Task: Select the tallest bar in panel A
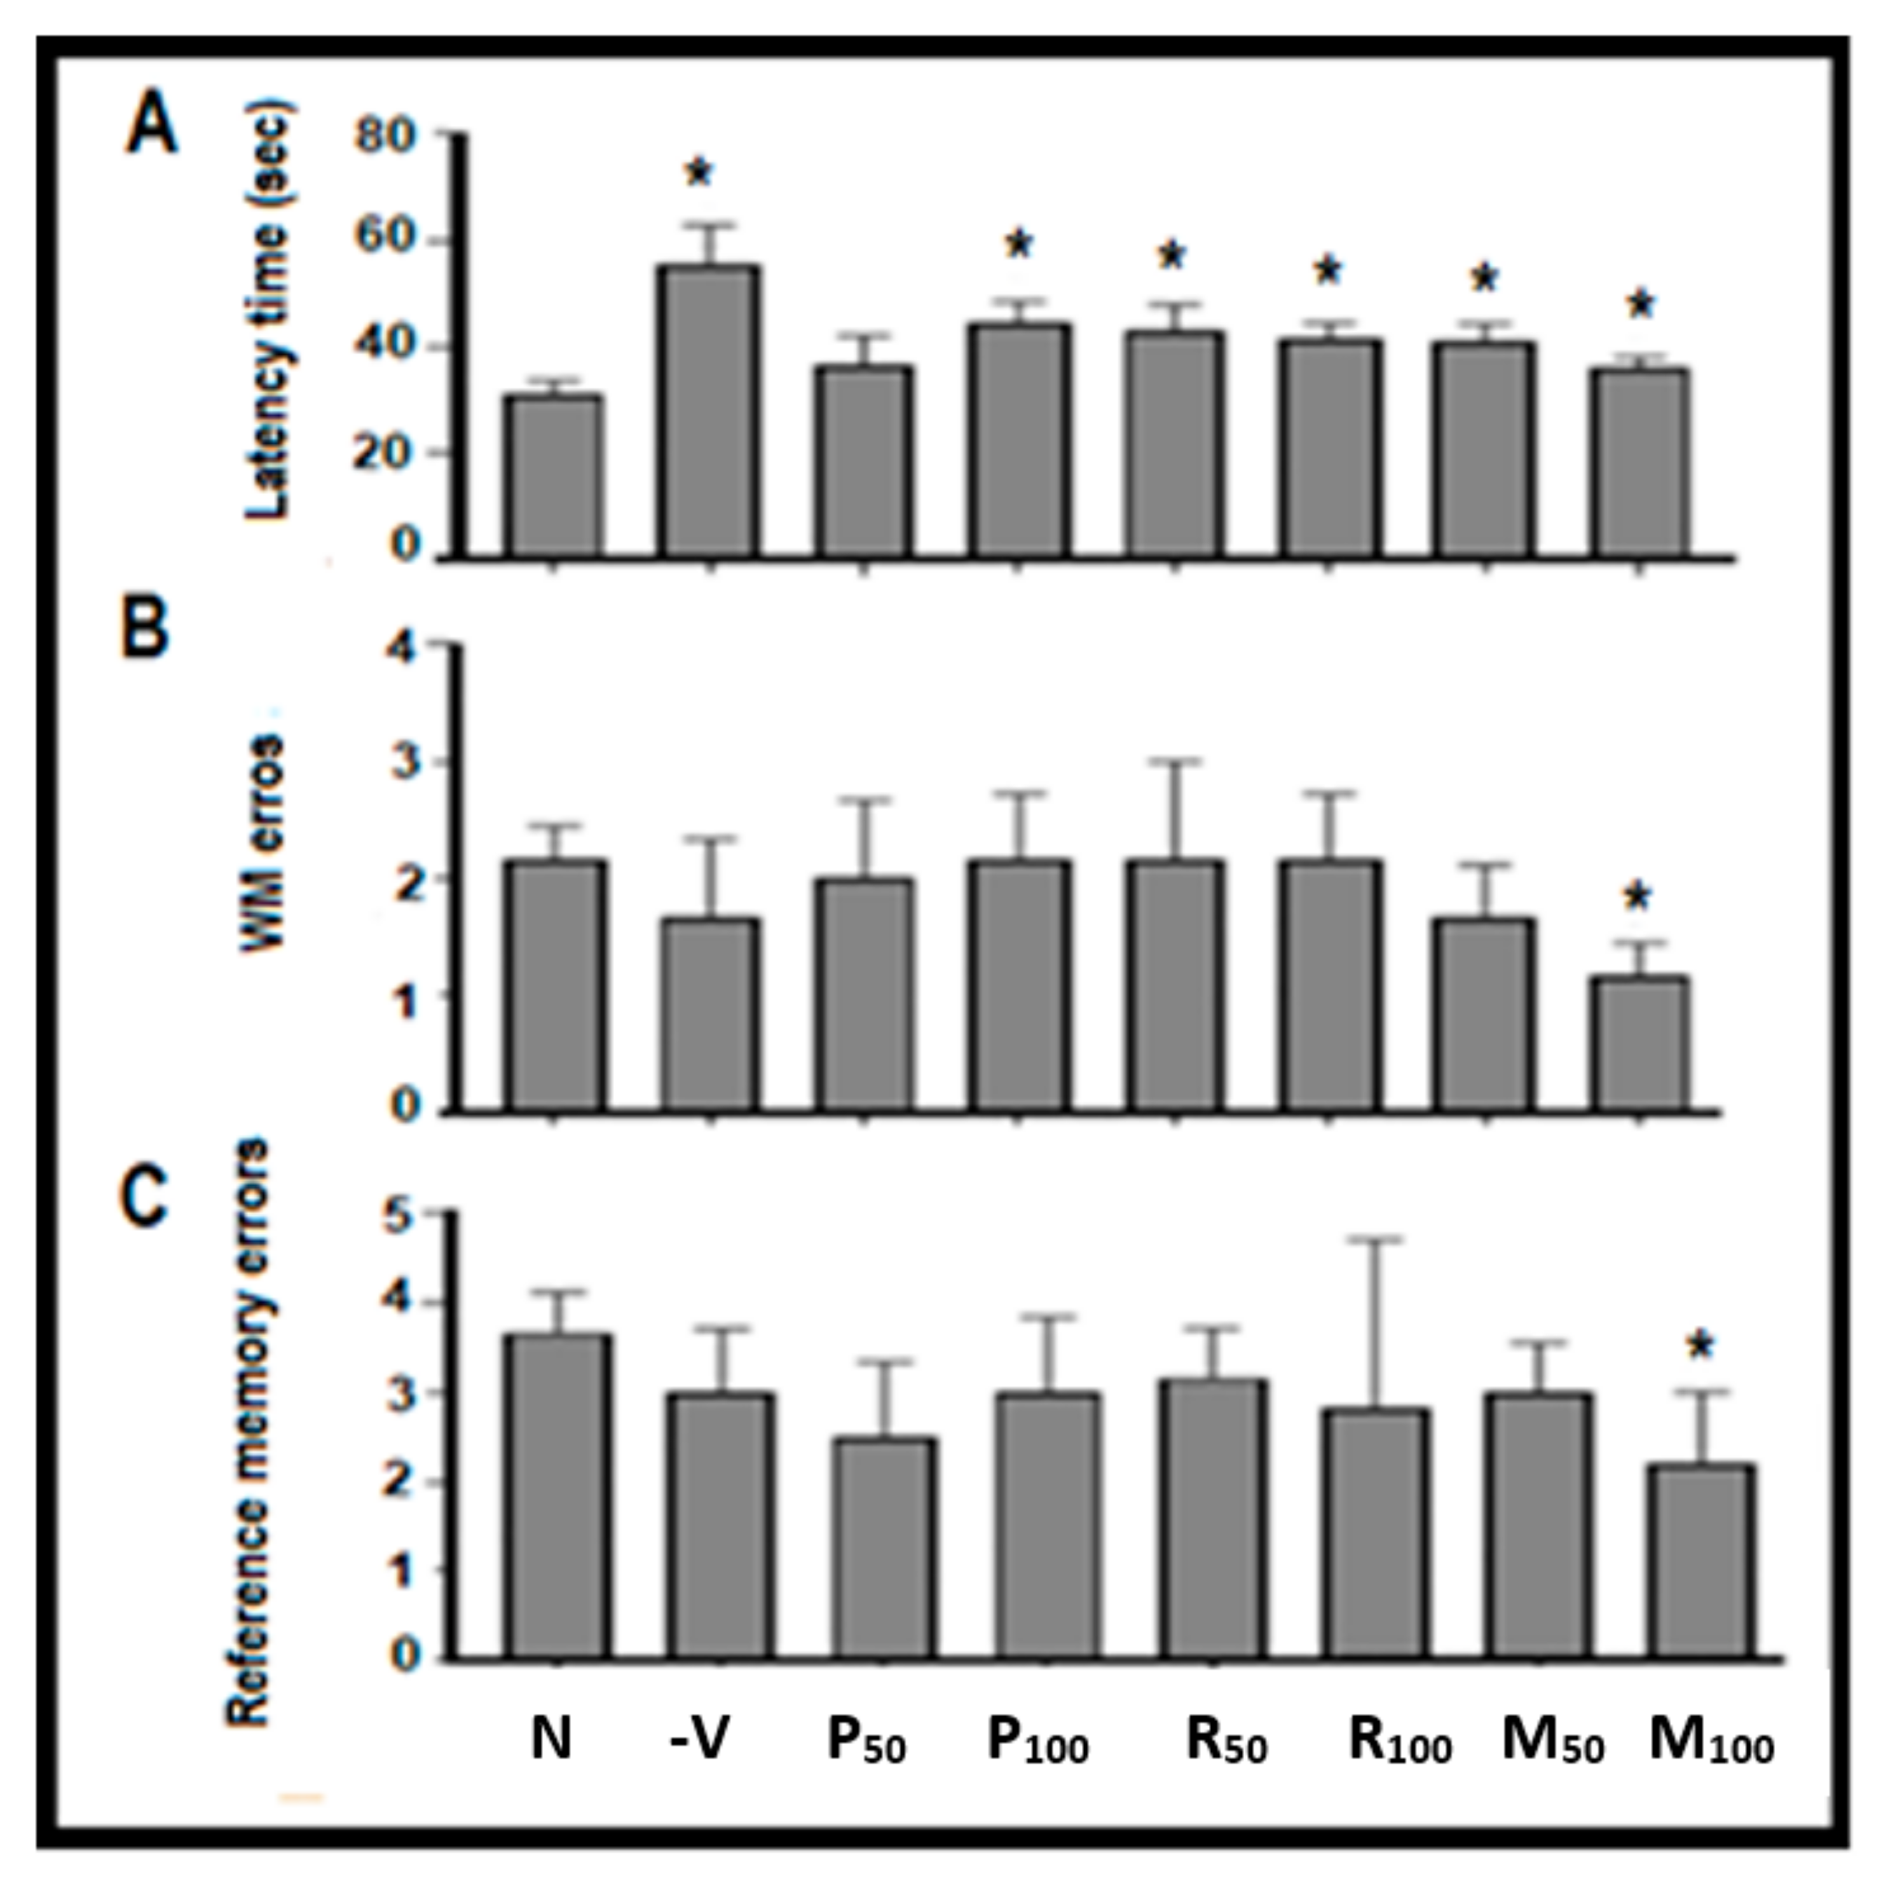click(711, 411)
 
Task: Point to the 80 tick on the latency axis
click(386, 135)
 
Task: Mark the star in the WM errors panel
click(1637, 896)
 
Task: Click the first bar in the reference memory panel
click(558, 1496)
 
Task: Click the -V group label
click(700, 1739)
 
